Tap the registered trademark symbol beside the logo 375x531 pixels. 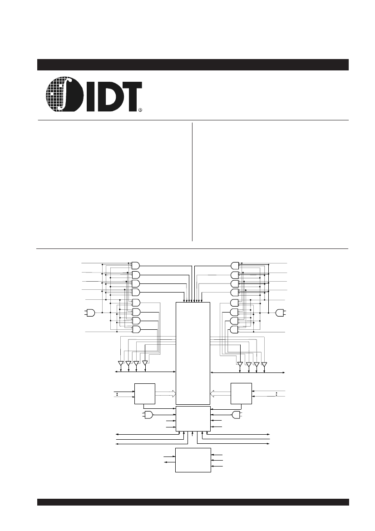[x=140, y=109]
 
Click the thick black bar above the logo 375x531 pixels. [x=192, y=65]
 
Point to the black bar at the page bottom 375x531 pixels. [x=192, y=502]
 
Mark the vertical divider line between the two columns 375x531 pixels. [x=192, y=182]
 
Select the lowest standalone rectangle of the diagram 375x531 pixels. [x=193, y=460]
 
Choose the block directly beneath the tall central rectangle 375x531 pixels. [x=193, y=419]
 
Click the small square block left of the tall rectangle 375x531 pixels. [x=145, y=393]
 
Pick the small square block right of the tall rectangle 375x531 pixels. [x=241, y=393]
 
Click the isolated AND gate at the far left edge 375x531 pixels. [x=91, y=313]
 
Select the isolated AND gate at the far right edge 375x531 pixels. [x=280, y=313]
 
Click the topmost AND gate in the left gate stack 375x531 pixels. [x=136, y=265]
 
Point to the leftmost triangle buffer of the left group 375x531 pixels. [x=120, y=363]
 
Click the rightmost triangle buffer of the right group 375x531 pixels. [x=264, y=364]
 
